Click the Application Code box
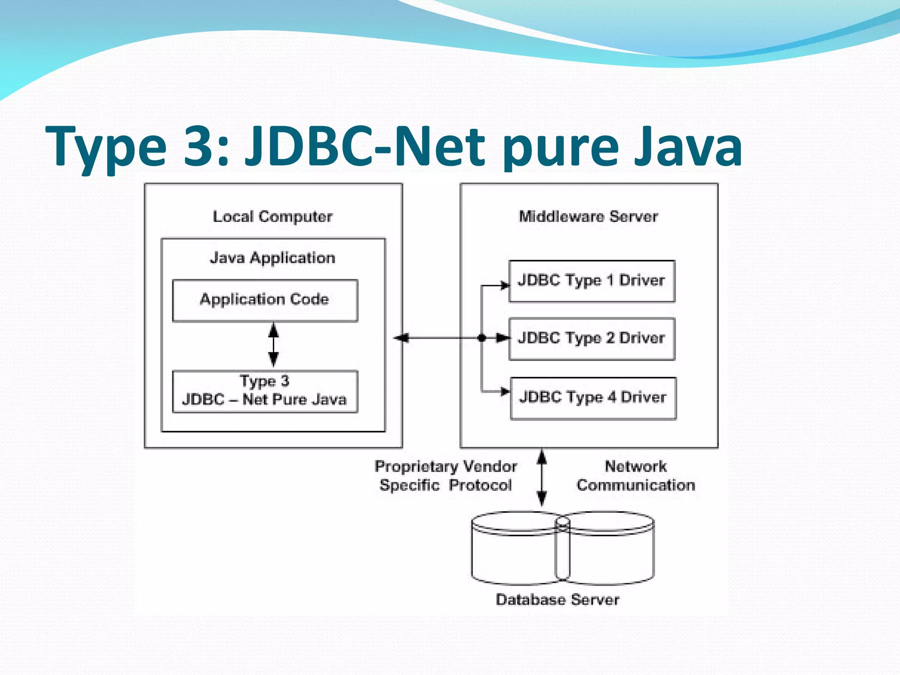click(x=265, y=300)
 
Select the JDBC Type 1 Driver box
click(x=592, y=281)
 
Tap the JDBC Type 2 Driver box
click(x=592, y=338)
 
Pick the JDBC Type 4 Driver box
click(x=593, y=398)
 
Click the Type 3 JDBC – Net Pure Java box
click(x=265, y=391)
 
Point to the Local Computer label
click(x=272, y=217)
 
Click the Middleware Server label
click(x=588, y=217)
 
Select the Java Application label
click(x=272, y=258)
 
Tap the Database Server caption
click(x=557, y=600)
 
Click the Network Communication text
click(x=635, y=476)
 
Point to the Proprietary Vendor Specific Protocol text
click(x=446, y=476)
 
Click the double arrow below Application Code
click(x=273, y=345)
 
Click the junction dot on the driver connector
click(x=482, y=338)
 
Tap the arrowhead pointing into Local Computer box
click(x=401, y=338)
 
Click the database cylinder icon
click(x=562, y=548)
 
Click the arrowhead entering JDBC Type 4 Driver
click(x=505, y=391)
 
